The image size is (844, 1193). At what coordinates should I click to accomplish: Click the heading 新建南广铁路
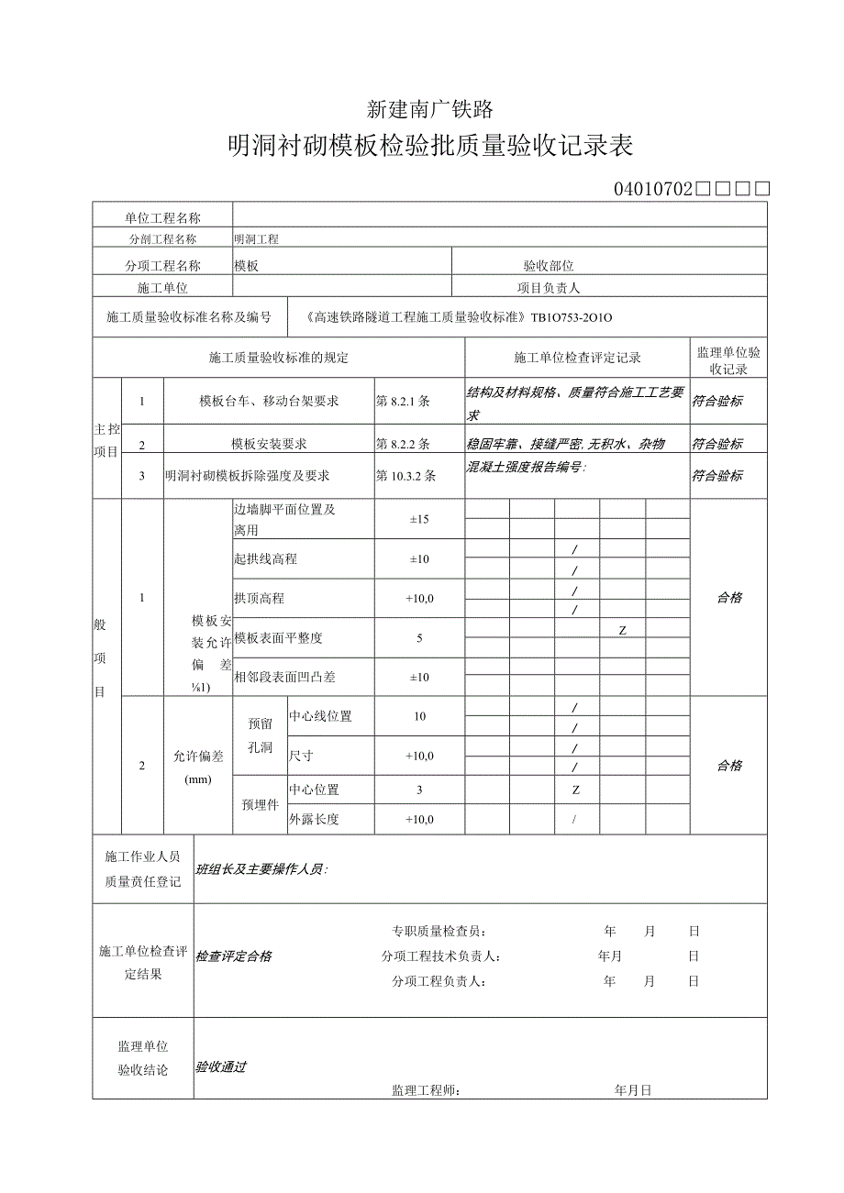[430, 110]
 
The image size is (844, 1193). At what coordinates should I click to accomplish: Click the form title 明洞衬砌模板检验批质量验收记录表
[430, 147]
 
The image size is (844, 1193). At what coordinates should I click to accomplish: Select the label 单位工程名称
[162, 217]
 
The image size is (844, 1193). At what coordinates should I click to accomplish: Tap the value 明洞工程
[256, 239]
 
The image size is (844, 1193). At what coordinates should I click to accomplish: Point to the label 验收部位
[549, 266]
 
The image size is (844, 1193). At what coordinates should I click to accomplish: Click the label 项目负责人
[549, 288]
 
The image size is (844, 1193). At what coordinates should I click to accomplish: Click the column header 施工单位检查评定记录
[577, 358]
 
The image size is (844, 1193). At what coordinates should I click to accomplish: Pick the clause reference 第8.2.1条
[403, 401]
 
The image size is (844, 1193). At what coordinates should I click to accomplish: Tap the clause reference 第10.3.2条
[405, 476]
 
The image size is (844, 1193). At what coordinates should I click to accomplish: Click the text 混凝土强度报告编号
[526, 467]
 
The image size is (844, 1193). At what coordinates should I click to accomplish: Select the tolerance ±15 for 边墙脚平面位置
[419, 519]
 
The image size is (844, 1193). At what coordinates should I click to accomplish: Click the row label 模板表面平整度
[278, 637]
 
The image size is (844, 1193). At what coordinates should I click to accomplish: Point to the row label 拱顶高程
[259, 598]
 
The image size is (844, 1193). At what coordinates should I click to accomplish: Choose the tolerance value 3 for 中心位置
[419, 790]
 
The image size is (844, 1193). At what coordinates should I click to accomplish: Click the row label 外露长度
[314, 820]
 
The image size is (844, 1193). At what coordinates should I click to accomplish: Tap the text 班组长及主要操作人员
[261, 869]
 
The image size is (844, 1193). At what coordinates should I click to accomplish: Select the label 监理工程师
[426, 1090]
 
